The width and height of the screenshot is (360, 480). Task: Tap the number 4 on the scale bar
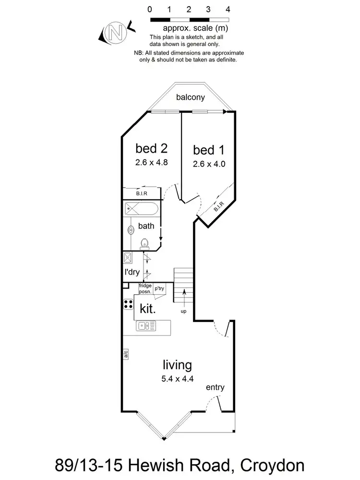tap(228, 9)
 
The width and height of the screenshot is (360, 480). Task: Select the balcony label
tap(191, 97)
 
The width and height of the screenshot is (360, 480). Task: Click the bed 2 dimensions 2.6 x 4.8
tap(151, 162)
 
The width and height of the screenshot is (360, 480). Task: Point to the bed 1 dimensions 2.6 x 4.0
tap(208, 163)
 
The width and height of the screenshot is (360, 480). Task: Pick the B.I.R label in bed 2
tap(141, 193)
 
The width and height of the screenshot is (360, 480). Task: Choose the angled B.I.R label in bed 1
tap(218, 208)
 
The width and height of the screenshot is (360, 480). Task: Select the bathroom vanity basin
tap(130, 230)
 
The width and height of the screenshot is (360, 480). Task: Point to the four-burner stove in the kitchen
tap(128, 304)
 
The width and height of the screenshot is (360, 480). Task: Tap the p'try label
tap(159, 288)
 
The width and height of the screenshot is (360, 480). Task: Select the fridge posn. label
tap(145, 288)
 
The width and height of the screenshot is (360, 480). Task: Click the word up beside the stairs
tap(184, 311)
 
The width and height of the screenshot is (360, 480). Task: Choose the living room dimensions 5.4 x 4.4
tap(177, 378)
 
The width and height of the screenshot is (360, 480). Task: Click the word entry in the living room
tap(215, 387)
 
